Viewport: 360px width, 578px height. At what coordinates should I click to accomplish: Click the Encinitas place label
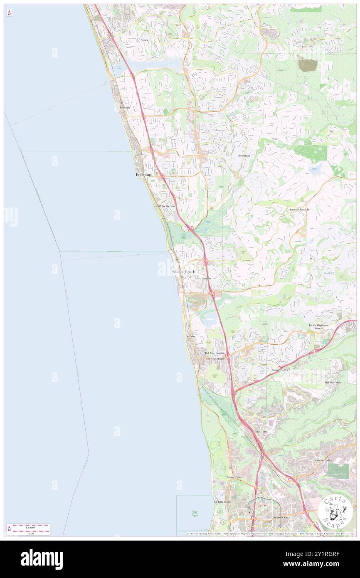coord(144,175)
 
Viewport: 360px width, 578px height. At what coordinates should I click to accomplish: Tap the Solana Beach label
coord(184,272)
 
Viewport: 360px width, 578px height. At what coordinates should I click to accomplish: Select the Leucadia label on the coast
coord(125,108)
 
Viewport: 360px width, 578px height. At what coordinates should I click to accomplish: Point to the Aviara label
coord(144,40)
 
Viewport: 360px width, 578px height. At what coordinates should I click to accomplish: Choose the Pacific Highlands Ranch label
coord(318,327)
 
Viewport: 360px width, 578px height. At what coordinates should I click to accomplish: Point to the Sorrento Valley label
coord(325,461)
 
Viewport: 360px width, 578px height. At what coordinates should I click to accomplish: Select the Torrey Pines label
coord(234,477)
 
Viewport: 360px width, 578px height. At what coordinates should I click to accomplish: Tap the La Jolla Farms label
coord(222,502)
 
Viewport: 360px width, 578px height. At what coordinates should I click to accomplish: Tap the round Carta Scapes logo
coord(335,512)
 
